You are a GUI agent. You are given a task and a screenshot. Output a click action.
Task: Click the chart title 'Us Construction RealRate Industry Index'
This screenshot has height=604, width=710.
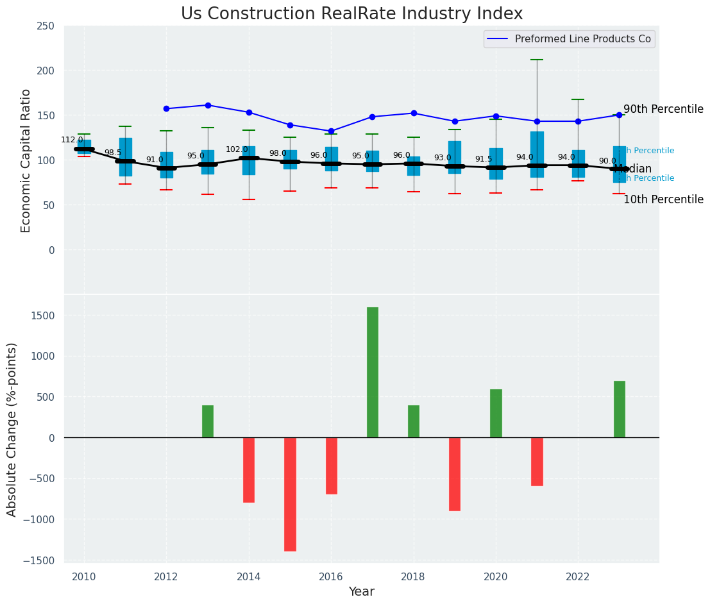click(351, 14)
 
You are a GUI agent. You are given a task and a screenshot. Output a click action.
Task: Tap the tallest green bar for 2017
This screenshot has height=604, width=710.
click(373, 372)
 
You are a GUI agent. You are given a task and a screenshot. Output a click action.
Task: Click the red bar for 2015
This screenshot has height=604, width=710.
click(290, 494)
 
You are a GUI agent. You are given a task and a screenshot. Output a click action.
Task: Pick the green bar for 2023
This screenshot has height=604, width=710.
click(619, 409)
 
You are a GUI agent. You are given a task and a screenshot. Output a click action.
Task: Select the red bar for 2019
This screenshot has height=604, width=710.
click(455, 474)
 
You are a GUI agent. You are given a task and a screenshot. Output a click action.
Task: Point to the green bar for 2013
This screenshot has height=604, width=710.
click(208, 421)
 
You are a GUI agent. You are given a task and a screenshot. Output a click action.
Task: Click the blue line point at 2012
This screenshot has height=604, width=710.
click(166, 109)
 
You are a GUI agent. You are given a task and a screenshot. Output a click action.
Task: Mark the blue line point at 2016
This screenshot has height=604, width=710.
click(331, 131)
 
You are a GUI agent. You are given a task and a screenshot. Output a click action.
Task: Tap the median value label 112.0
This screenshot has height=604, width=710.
click(72, 140)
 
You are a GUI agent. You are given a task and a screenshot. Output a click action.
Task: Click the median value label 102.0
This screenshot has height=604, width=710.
click(237, 149)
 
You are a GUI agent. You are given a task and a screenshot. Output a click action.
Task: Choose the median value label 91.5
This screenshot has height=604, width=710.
click(484, 159)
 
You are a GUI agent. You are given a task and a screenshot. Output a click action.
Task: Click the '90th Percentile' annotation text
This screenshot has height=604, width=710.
click(663, 110)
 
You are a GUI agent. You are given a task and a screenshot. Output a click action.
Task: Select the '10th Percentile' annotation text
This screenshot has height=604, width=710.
click(663, 199)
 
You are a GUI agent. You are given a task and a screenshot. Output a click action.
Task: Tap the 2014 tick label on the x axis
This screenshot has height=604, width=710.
click(249, 576)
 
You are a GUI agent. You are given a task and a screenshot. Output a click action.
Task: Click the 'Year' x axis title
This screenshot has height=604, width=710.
click(362, 592)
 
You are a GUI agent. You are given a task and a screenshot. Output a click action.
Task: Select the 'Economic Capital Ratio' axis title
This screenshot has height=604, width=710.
click(26, 160)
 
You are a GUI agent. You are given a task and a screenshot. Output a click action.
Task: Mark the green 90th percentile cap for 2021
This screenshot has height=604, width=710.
click(537, 60)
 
